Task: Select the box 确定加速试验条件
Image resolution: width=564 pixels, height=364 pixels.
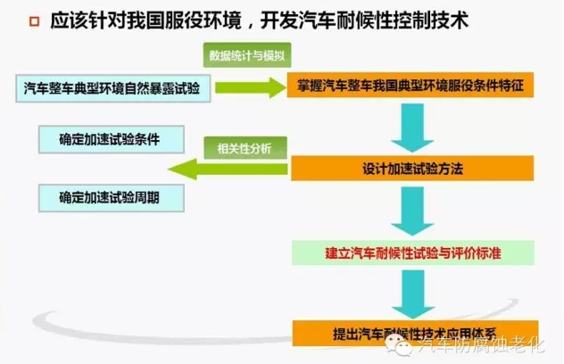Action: click(x=108, y=139)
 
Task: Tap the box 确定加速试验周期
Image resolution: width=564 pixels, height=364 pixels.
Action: click(x=108, y=195)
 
